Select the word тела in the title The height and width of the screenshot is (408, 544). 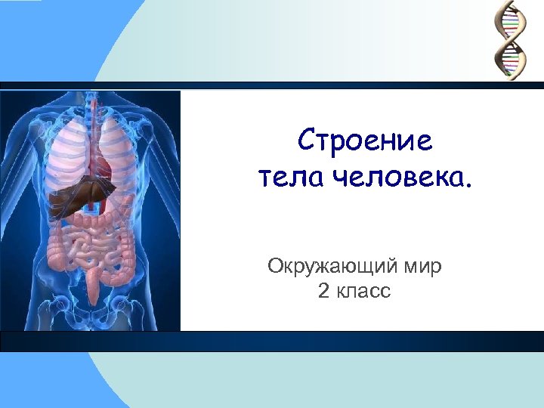[x=284, y=179]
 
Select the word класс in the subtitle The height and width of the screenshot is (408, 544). [x=364, y=291]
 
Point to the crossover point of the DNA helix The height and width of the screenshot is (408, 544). [x=510, y=37]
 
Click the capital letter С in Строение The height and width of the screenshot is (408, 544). [x=307, y=141]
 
